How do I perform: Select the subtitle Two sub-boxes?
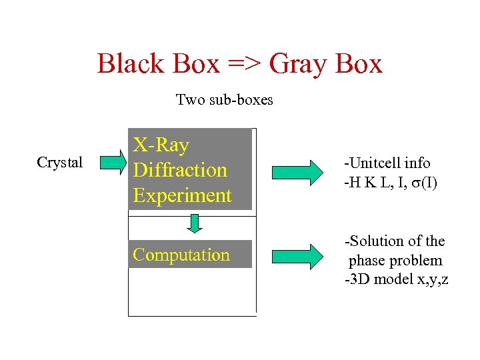click(224, 100)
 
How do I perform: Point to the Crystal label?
click(60, 163)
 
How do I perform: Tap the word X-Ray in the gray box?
click(161, 145)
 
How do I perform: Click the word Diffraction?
click(180, 170)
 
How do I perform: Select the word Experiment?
click(182, 195)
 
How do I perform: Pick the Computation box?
click(190, 254)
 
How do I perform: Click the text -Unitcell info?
click(387, 163)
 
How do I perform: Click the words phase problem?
click(395, 260)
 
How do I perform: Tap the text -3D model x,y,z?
click(396, 279)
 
